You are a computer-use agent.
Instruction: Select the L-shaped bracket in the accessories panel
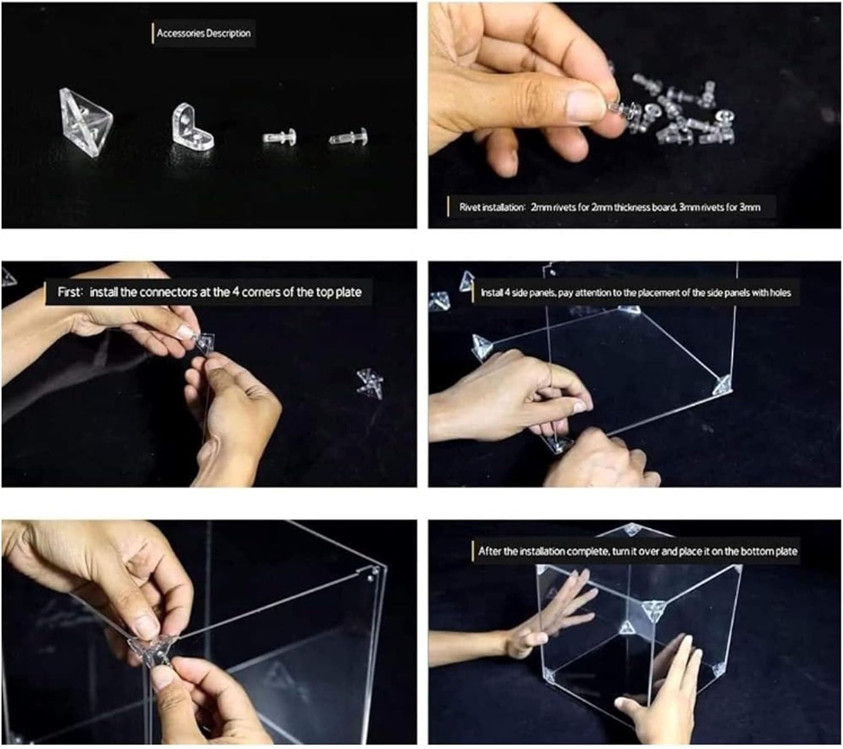point(193,126)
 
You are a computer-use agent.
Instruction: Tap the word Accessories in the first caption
point(179,33)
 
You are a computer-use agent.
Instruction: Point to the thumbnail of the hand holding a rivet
point(634,115)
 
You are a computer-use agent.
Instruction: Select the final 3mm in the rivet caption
point(750,207)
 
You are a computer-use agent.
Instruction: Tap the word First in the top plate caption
point(69,292)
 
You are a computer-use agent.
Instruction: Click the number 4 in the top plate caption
point(235,292)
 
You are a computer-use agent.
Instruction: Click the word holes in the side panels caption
point(780,293)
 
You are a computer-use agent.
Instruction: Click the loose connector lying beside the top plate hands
point(370,383)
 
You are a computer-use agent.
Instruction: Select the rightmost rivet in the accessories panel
point(348,137)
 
